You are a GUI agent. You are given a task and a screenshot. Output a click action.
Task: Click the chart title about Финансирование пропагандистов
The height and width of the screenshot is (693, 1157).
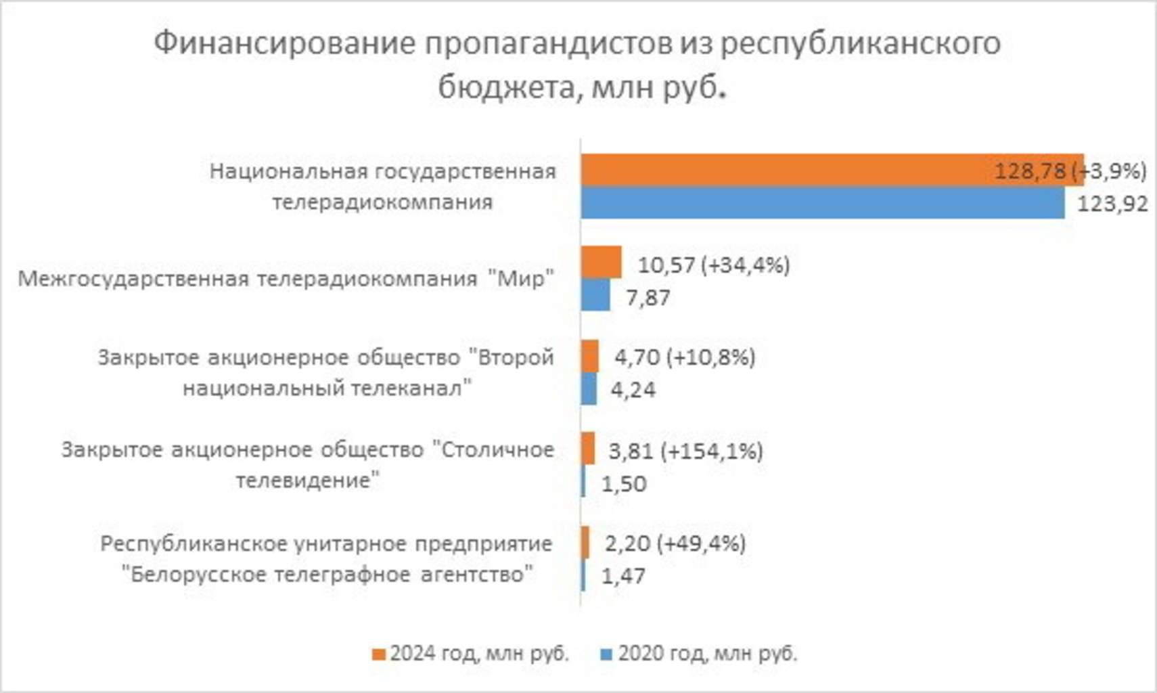577,64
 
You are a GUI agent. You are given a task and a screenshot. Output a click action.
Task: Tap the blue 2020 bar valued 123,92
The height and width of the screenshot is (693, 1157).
822,202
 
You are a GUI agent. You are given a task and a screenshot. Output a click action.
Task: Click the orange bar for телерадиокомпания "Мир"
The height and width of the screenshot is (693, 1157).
601,262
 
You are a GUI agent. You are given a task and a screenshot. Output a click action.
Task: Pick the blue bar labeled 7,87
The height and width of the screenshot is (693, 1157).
595,296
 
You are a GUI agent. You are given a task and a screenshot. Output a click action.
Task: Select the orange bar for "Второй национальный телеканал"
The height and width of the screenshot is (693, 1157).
589,356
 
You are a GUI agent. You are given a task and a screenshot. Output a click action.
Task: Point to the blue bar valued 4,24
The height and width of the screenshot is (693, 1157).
589,389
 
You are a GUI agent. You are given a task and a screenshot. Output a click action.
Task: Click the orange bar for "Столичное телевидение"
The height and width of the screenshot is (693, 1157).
588,449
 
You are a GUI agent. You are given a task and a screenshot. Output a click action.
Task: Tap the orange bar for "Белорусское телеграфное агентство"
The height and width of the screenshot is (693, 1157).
585,542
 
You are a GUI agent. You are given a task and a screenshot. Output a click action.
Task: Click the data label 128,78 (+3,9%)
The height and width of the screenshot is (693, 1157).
1070,171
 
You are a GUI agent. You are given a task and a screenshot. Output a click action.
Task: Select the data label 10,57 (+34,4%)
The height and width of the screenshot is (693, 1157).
713,265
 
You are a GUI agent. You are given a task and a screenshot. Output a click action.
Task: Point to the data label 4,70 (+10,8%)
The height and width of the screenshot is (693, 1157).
684,357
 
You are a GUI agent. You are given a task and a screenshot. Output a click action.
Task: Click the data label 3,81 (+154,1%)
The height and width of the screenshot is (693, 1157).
685,451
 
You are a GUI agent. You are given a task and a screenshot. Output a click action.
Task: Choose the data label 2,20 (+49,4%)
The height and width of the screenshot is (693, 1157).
675,543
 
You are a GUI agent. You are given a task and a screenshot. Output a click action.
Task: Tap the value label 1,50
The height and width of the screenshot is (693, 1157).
624,484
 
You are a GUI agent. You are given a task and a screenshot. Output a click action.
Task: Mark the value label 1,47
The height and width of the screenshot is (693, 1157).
623,576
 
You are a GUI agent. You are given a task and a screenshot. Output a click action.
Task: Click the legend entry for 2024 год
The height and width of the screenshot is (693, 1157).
471,654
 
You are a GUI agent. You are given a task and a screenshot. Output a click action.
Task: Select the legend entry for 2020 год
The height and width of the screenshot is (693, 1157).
700,654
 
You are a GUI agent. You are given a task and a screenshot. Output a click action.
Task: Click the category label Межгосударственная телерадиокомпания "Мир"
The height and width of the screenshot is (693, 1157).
286,279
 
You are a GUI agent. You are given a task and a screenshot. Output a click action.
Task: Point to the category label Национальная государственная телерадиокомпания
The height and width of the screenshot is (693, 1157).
382,187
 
